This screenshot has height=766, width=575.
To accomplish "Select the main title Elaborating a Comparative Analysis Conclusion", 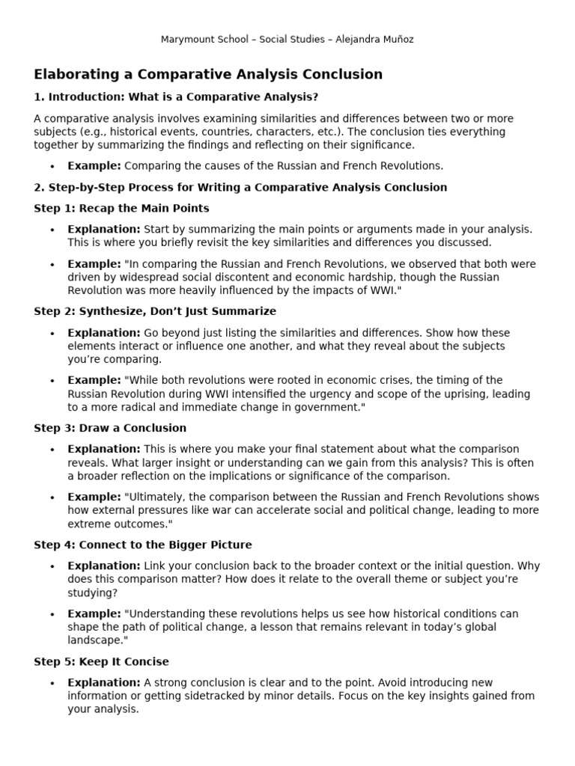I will [208, 74].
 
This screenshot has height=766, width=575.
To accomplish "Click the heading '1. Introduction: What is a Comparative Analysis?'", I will [176, 96].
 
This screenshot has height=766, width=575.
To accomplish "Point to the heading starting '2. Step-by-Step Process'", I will [240, 187].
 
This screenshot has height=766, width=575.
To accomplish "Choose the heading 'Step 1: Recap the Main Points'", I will [121, 208].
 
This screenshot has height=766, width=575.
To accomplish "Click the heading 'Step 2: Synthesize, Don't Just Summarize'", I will [155, 311].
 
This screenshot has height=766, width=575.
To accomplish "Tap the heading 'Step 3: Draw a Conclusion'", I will [110, 428].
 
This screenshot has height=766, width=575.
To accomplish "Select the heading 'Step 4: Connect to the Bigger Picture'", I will [143, 545].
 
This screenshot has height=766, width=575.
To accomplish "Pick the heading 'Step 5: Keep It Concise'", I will [101, 661].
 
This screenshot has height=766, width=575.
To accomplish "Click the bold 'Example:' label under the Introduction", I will [94, 165].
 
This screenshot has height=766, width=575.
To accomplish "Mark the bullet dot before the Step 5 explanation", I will [52, 683].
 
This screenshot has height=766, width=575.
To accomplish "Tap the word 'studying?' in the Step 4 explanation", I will [92, 592].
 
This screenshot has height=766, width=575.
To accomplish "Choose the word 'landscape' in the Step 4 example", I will [92, 640].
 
